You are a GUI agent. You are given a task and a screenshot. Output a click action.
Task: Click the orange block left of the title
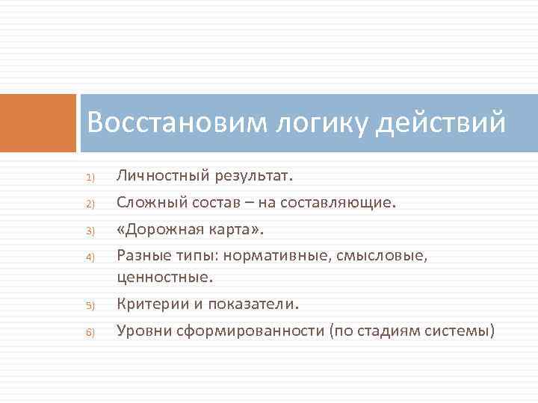pyautogui.click(x=38, y=123)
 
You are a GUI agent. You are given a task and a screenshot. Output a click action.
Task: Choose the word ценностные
pyautogui.click(x=164, y=277)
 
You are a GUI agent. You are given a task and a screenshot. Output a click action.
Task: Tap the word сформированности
pyautogui.click(x=251, y=331)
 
